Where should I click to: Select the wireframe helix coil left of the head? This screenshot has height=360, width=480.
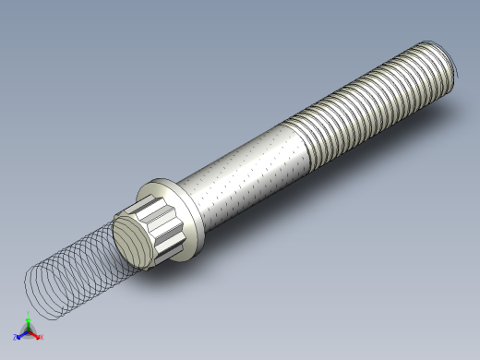[x=69, y=272]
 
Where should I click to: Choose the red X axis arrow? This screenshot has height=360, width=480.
[x=35, y=335]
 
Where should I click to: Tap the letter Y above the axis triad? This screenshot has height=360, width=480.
[x=29, y=316]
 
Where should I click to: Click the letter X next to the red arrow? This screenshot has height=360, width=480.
[x=42, y=337]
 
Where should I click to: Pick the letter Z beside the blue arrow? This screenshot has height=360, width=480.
[x=15, y=337]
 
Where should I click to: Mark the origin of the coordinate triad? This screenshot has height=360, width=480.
[x=28, y=332]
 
